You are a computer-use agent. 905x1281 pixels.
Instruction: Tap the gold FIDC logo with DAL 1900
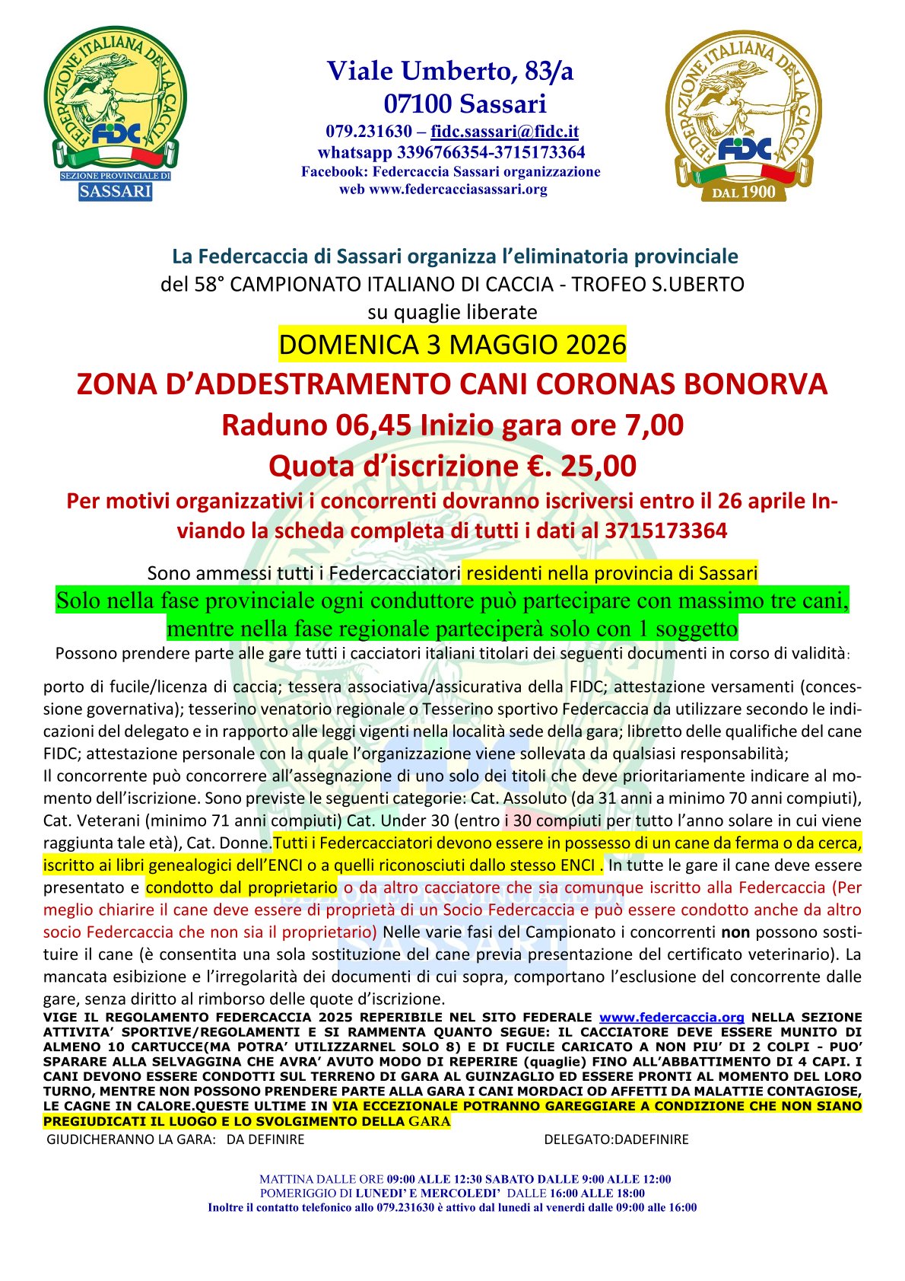pyautogui.click(x=743, y=114)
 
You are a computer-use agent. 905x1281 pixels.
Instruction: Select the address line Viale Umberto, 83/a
pyautogui.click(x=450, y=71)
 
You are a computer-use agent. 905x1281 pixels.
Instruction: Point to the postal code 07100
pyautogui.click(x=418, y=103)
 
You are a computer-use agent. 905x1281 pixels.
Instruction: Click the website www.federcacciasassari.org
pyautogui.click(x=458, y=190)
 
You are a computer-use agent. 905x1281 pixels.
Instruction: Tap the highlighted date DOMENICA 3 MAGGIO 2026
pyautogui.click(x=452, y=345)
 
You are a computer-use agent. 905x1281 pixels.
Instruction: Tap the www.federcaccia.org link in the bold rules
pyautogui.click(x=672, y=1017)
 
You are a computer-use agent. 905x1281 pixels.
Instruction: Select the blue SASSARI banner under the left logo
pyautogui.click(x=116, y=191)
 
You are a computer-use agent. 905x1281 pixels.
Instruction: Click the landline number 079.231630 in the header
pyautogui.click(x=369, y=131)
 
